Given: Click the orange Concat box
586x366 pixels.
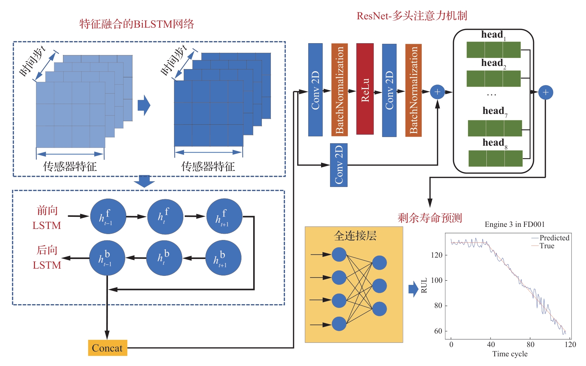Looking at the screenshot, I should click(107, 348).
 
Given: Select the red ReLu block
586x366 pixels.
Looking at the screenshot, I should click(365, 89).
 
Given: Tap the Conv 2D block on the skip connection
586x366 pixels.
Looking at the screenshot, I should click(339, 165).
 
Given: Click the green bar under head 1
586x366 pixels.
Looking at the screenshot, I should click(493, 50).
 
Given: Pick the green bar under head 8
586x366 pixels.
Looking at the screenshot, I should click(495, 158).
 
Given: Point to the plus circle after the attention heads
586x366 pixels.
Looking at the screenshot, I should click(546, 92).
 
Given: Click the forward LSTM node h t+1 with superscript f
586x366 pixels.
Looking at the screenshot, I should click(224, 216).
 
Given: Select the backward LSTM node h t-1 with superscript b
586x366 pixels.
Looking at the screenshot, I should click(107, 258).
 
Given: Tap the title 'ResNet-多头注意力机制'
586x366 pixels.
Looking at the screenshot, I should click(412, 16).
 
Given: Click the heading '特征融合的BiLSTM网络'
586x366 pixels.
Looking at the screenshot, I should click(137, 24).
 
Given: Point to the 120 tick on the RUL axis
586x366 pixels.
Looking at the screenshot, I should click(437, 255).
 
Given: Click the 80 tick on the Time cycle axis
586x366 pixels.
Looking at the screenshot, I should click(530, 344).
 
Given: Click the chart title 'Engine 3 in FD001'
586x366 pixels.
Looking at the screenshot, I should click(514, 224).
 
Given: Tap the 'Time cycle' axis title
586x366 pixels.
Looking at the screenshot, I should click(510, 354).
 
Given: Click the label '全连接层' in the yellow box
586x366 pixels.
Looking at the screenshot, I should click(355, 236).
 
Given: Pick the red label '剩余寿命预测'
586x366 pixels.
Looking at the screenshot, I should click(430, 218).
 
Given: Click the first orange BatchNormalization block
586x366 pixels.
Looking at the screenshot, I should click(339, 90).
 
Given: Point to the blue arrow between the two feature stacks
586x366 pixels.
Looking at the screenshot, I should click(144, 105).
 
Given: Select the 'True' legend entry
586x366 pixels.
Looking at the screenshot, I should click(547, 246).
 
